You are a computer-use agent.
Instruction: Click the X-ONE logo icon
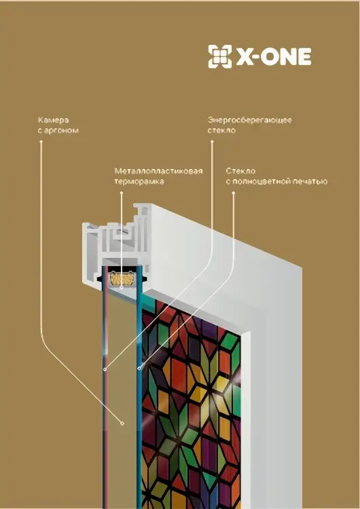(x=220, y=56)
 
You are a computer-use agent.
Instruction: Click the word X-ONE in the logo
(x=273, y=57)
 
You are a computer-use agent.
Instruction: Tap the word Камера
(x=53, y=120)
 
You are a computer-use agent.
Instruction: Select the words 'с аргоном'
(x=58, y=130)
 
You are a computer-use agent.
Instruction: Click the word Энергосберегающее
(x=249, y=120)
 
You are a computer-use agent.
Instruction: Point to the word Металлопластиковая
(x=158, y=171)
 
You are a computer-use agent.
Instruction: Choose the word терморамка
(x=139, y=181)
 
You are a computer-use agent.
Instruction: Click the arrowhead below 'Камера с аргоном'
(x=41, y=142)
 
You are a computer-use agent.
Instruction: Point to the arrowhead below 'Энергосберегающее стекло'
(x=212, y=142)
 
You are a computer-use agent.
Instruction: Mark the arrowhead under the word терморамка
(x=122, y=193)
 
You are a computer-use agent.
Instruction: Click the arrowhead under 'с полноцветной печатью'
(x=233, y=193)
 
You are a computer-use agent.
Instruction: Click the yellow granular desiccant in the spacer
(x=121, y=278)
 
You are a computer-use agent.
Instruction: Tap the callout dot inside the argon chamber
(x=122, y=423)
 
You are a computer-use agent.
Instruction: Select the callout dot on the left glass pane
(x=105, y=369)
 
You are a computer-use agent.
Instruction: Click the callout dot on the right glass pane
(x=139, y=369)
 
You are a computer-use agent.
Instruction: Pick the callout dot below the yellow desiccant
(x=121, y=288)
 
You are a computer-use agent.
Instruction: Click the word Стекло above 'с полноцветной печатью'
(x=240, y=171)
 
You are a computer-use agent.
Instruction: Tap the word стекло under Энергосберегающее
(x=221, y=130)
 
